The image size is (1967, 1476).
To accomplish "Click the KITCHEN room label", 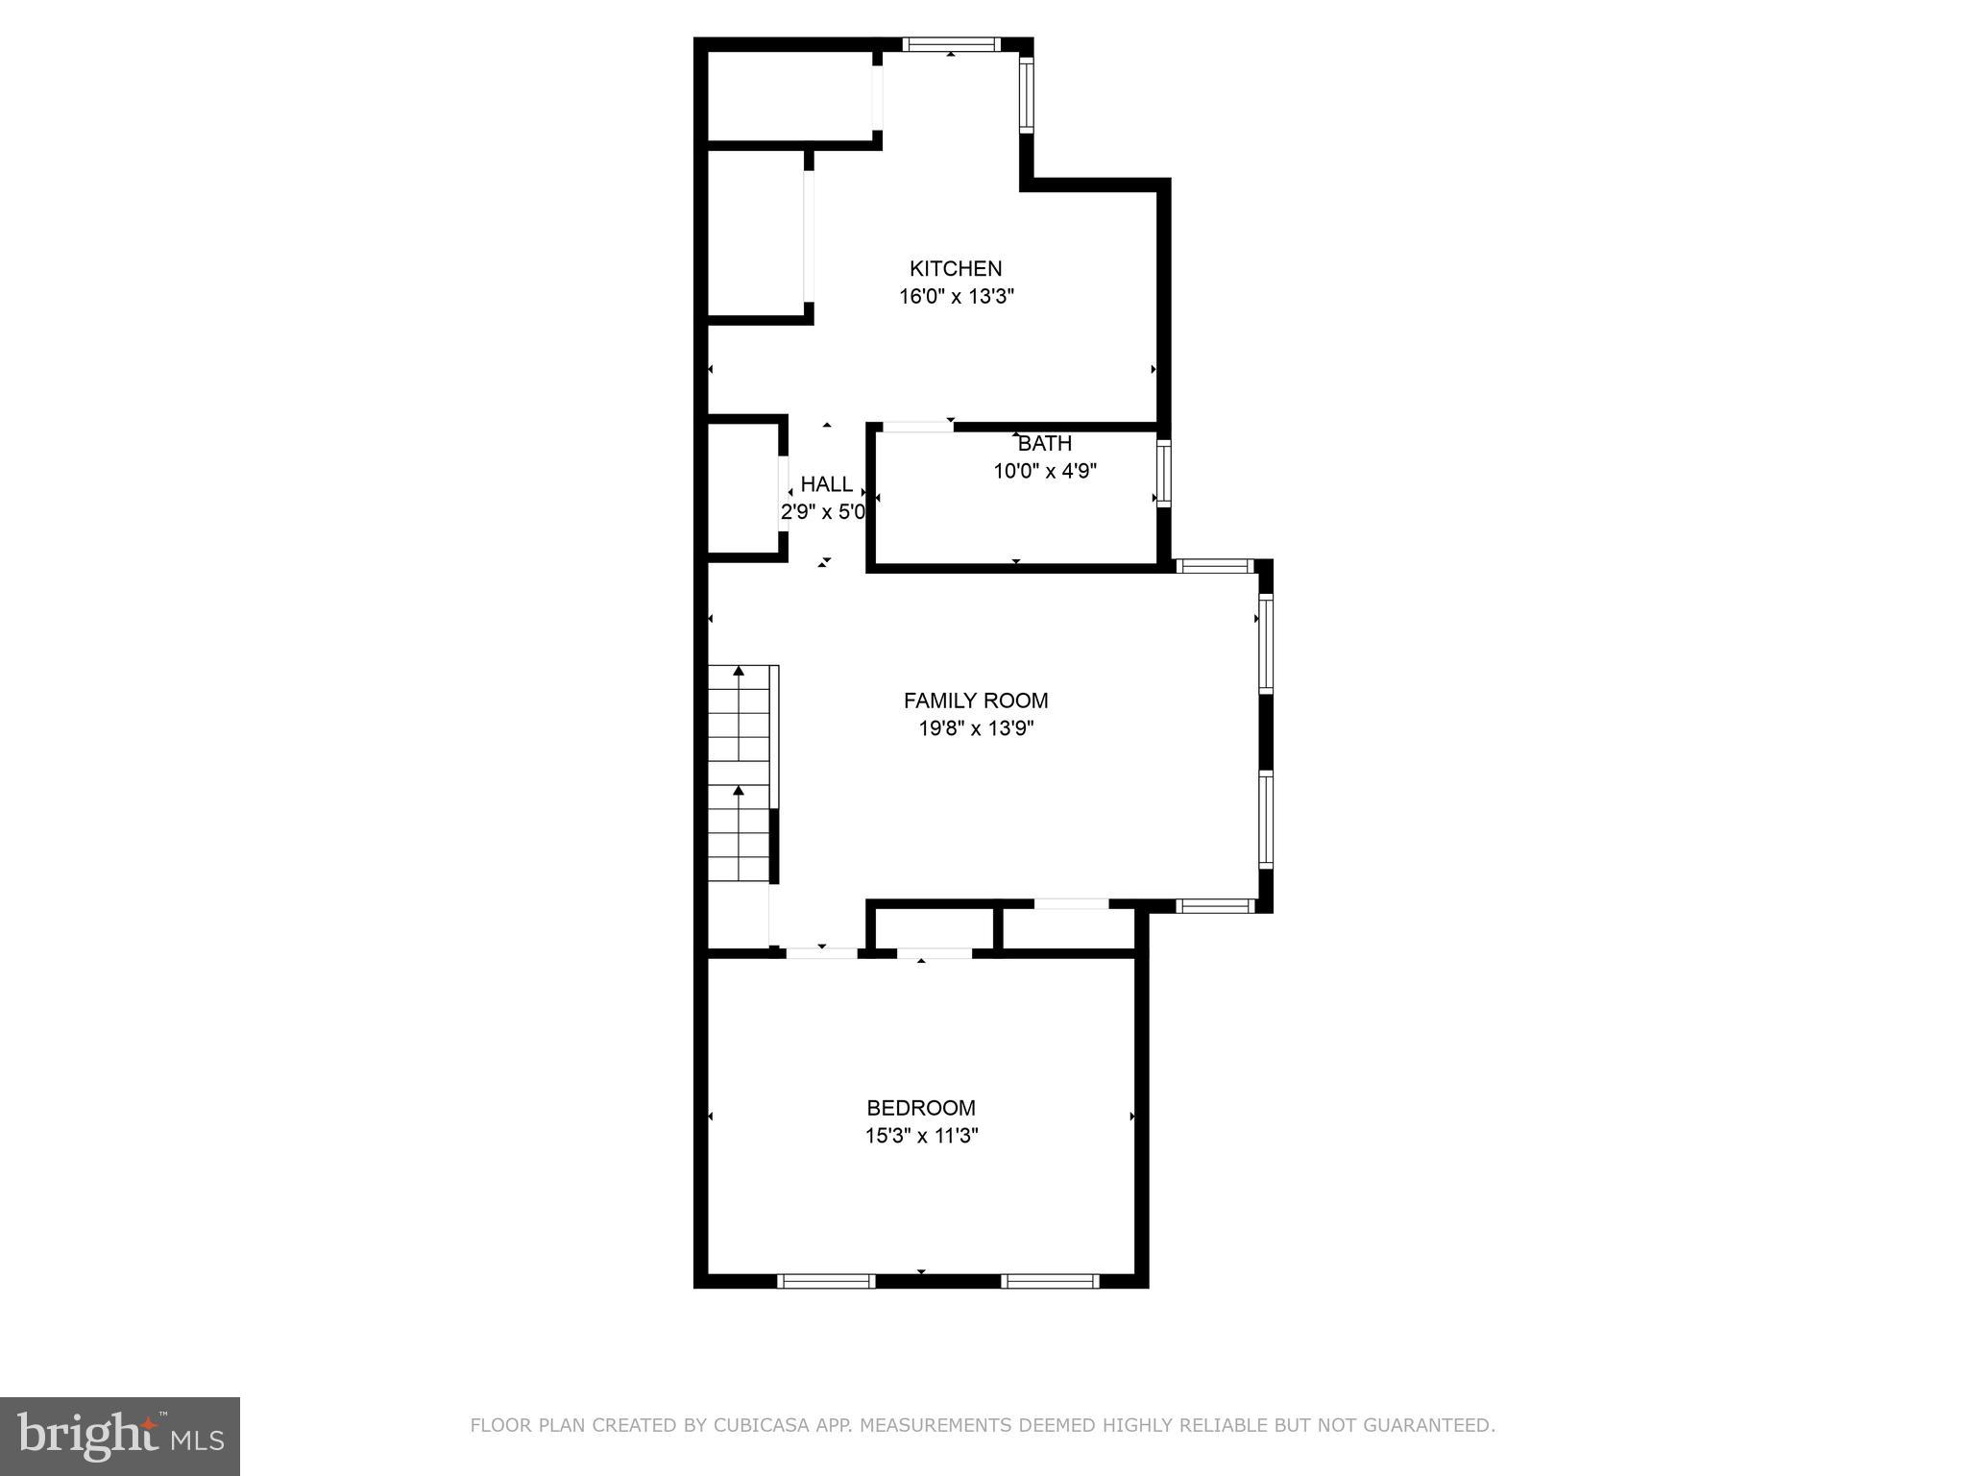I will tap(956, 269).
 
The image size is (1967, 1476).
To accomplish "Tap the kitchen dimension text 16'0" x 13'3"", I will tap(957, 297).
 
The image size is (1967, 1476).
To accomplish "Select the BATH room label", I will tap(1045, 444).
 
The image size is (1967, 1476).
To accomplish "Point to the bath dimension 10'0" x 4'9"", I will tap(1045, 472).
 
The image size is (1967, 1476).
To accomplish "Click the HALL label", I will tap(826, 484).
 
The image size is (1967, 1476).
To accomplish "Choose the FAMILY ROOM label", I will tap(976, 701).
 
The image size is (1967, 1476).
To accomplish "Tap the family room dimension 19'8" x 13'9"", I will tap(976, 728).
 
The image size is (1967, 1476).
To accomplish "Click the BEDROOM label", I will tap(921, 1108).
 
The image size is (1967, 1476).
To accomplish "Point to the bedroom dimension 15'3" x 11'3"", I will tap(921, 1136).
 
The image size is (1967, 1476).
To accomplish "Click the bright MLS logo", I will tap(120, 1437).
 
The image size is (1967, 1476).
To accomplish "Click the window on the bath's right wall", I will tap(1163, 474).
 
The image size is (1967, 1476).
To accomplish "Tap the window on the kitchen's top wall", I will tap(951, 44).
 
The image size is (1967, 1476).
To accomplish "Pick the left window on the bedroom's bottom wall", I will tap(826, 1281).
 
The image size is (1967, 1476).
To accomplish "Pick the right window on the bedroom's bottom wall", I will tap(1050, 1281).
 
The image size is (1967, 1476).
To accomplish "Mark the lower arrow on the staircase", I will tap(739, 791).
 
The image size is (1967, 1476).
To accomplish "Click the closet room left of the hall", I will tap(743, 488).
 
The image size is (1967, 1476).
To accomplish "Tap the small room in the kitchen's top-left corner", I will tap(789, 96).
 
